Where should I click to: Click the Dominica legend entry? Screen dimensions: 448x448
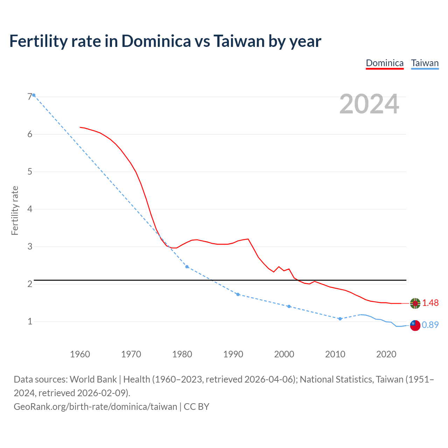point(385,63)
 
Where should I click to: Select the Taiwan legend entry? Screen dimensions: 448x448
point(425,63)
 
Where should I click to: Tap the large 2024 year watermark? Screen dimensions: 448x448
point(369,104)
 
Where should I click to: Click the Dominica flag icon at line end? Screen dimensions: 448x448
point(415,303)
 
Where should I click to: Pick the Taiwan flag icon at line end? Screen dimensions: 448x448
point(415,325)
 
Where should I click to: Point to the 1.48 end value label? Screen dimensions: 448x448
point(430,303)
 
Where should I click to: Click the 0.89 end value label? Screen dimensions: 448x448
point(430,325)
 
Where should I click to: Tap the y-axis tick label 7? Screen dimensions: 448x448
point(30,97)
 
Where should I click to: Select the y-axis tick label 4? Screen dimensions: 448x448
point(30,209)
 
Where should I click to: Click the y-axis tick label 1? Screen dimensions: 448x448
point(30,321)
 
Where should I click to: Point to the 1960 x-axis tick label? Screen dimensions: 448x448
point(80,354)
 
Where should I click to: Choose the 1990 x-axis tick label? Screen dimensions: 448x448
point(233,354)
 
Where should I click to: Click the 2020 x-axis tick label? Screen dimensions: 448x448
point(386,354)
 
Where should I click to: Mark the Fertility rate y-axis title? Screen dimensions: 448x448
point(15,210)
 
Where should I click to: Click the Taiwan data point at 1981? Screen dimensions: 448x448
point(187,267)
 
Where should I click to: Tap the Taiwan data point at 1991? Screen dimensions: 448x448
point(238,294)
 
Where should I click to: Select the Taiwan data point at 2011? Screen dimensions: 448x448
point(340,319)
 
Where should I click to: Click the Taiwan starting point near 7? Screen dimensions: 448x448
point(34,95)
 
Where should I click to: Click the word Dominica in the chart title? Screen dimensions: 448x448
point(156,41)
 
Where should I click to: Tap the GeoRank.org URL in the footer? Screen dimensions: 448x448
point(95,407)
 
